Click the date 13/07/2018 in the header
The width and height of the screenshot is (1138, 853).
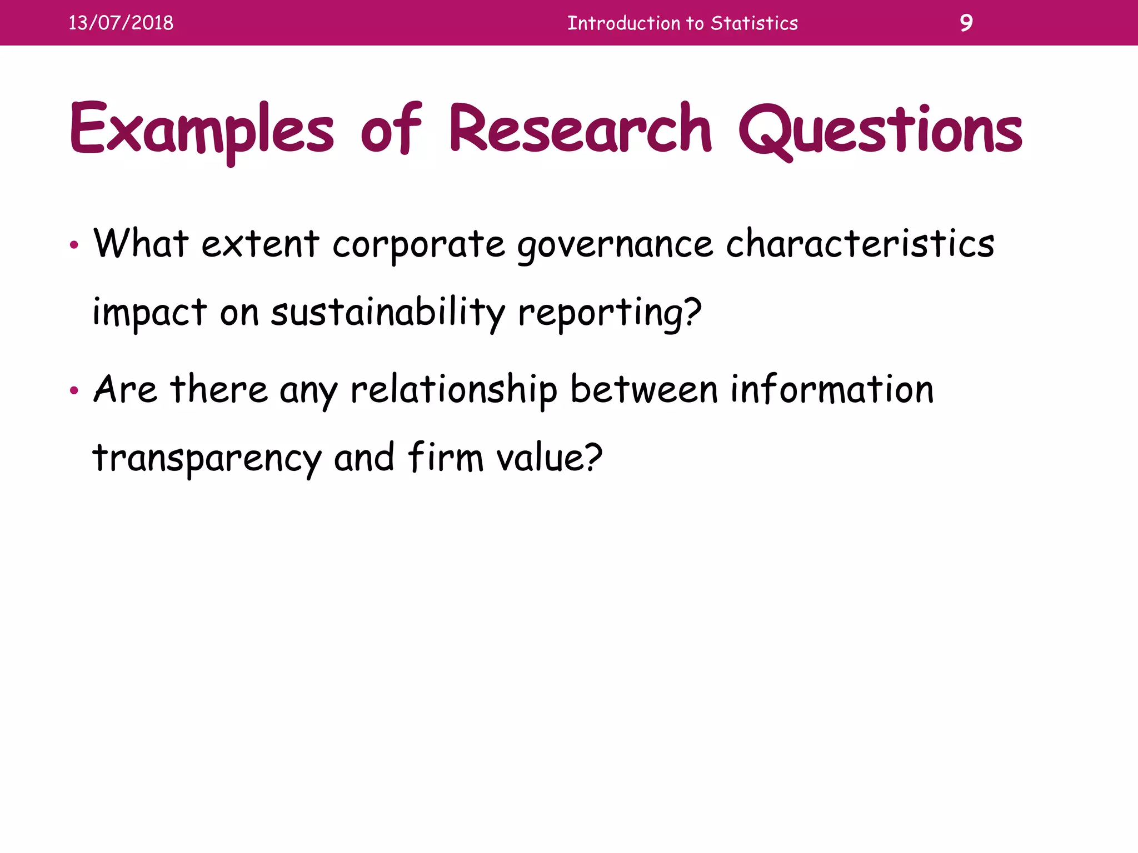coord(121,23)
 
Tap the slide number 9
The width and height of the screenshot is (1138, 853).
coord(966,23)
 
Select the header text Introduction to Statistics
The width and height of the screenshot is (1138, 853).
coord(682,23)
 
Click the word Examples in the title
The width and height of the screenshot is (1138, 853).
coord(202,131)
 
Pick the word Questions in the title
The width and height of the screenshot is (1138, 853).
coord(880,131)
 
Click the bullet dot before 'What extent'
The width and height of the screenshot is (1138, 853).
coord(74,245)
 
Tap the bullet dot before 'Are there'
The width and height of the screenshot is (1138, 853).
coord(74,390)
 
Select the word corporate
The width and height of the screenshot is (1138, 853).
coord(418,245)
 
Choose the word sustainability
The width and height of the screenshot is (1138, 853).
coord(388,313)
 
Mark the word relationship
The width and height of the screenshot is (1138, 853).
coord(454,390)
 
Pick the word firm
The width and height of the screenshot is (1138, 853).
coord(445,458)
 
